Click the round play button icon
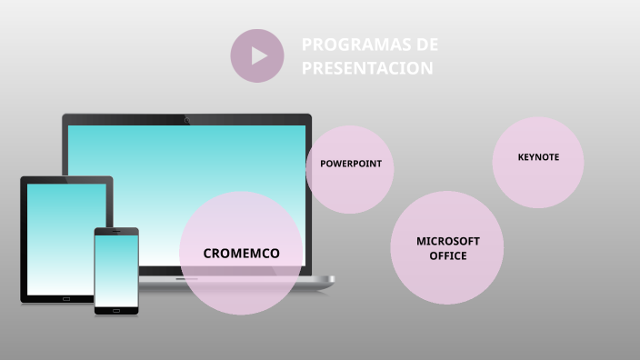pyautogui.click(x=257, y=56)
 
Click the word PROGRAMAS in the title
pyautogui.click(x=348, y=45)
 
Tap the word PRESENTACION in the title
pyautogui.click(x=367, y=68)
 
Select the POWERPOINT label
pyautogui.click(x=350, y=164)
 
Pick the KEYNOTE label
pyautogui.click(x=538, y=157)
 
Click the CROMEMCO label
pyautogui.click(x=241, y=254)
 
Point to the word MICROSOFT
pyautogui.click(x=447, y=241)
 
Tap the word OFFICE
pyautogui.click(x=447, y=256)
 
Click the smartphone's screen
pyautogui.click(x=116, y=269)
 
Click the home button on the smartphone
pyautogui.click(x=116, y=310)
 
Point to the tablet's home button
pyautogui.click(x=66, y=298)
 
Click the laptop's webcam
pyautogui.click(x=187, y=120)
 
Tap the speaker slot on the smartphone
pyautogui.click(x=116, y=231)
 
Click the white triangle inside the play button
pyautogui.click(x=259, y=56)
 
